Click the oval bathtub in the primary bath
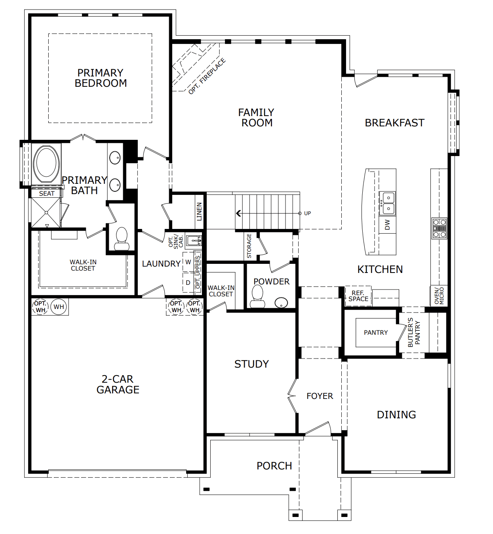pos(46,164)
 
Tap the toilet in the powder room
pos(257,296)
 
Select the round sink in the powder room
pos(281,303)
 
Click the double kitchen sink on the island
pos(387,204)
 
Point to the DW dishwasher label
pos(387,225)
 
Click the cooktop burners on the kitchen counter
pos(439,228)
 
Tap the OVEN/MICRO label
pos(439,296)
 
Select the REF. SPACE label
pos(358,296)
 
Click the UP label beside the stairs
pos(307,213)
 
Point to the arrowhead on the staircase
pos(238,213)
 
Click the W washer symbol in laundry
pos(188,262)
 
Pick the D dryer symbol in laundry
pos(188,282)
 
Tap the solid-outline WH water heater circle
pos(59,307)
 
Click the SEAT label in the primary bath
pos(46,194)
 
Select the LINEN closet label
pos(199,212)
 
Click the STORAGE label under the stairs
pos(249,246)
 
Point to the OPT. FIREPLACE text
pos(207,76)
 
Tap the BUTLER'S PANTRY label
pos(414,332)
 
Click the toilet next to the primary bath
pos(121,239)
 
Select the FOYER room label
pos(320,396)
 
